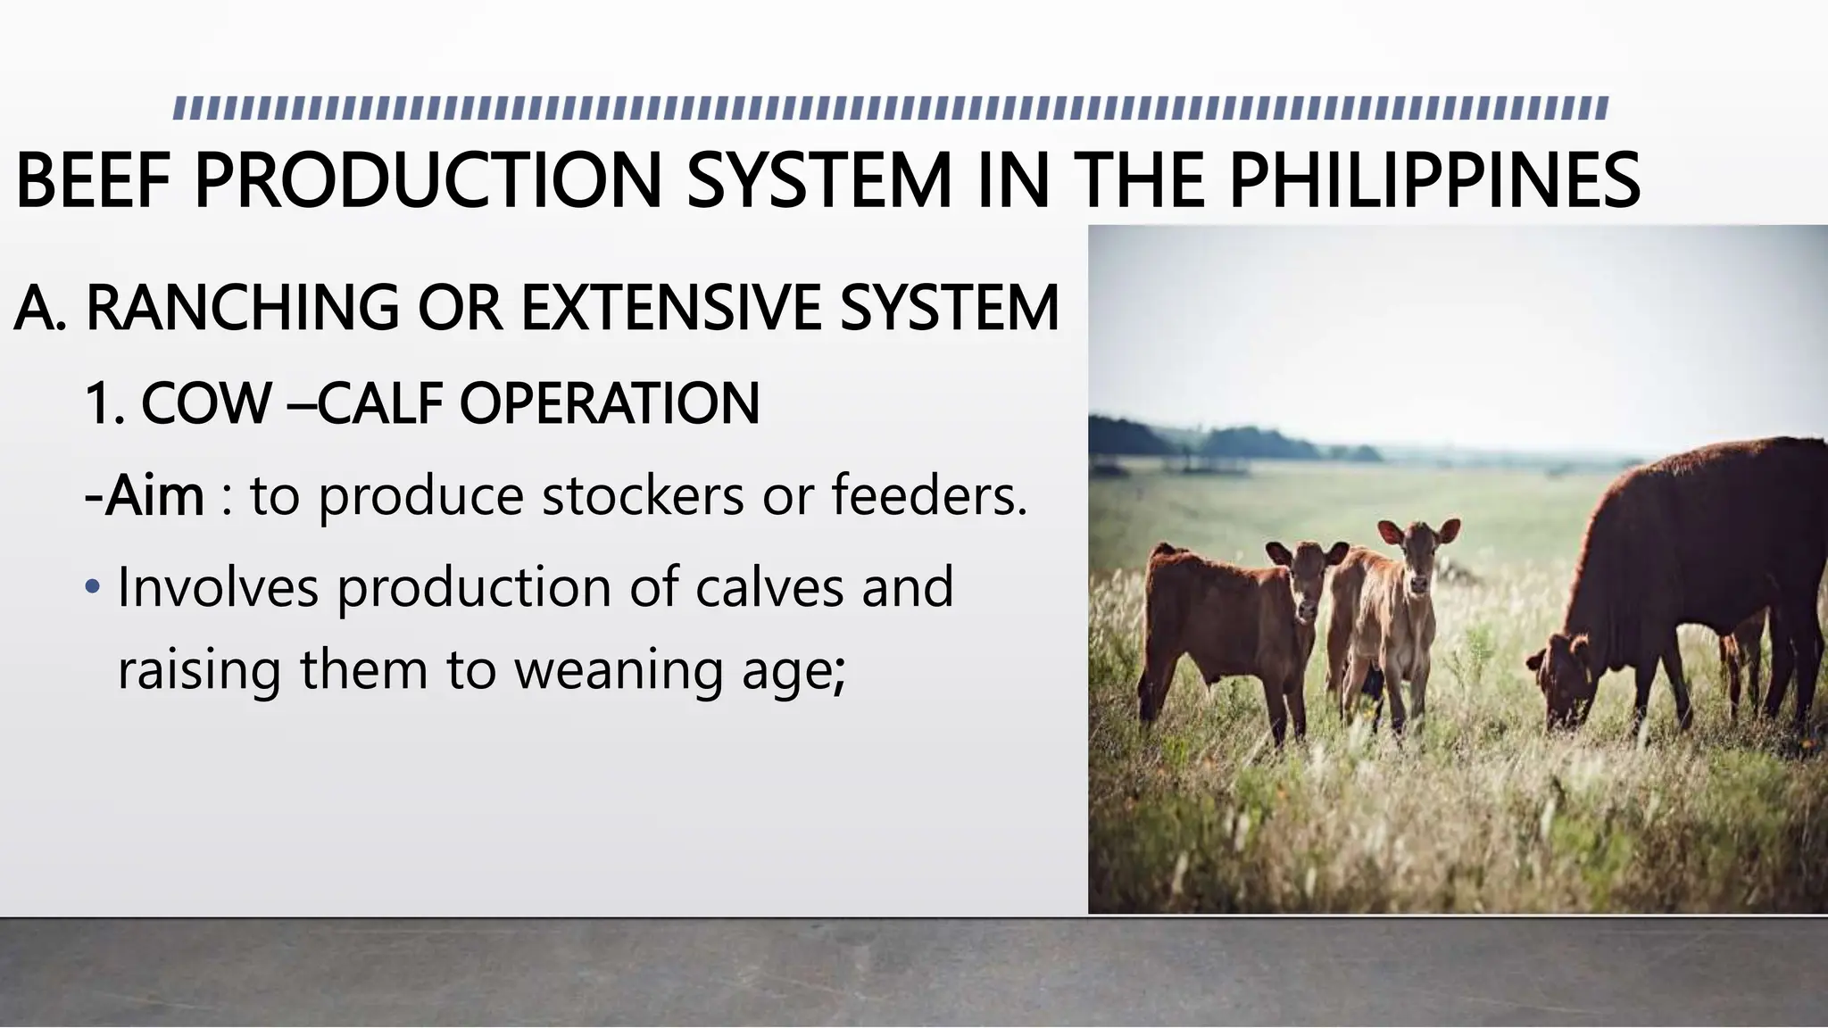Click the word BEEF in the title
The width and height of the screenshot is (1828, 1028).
(x=93, y=180)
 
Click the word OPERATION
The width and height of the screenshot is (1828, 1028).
(x=610, y=403)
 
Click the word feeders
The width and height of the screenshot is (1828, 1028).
(x=928, y=496)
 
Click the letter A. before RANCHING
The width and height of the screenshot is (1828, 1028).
(x=39, y=308)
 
